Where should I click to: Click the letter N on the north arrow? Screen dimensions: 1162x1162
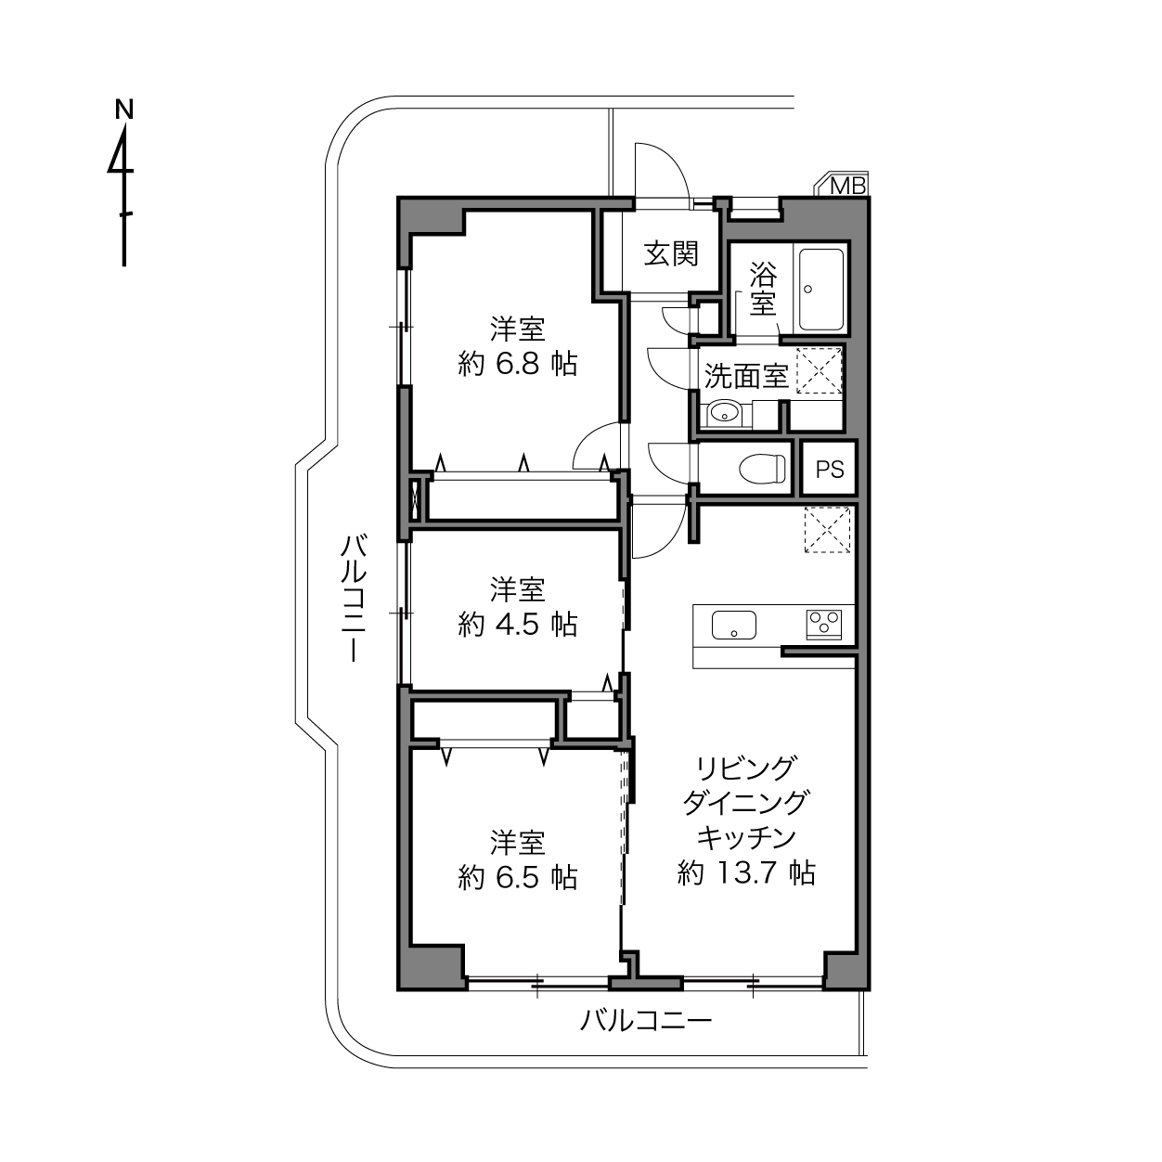[124, 110]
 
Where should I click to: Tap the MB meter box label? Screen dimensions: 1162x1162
[847, 185]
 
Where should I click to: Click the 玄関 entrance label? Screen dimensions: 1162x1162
[671, 253]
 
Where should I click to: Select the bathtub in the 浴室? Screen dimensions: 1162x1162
[821, 290]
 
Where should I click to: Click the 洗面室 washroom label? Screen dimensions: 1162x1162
[746, 376]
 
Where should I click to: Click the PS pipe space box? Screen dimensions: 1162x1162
[829, 469]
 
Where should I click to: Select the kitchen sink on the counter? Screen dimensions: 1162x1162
[734, 626]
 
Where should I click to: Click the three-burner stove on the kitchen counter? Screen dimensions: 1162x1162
[824, 625]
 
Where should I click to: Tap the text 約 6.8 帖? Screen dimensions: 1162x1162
[517, 364]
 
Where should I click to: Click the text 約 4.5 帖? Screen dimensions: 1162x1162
[517, 625]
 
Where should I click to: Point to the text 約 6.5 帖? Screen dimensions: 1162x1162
[517, 878]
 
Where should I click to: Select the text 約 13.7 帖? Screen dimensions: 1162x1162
[746, 872]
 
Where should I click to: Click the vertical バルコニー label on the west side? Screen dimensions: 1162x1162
[354, 599]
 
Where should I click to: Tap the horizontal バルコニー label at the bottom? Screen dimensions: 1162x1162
[646, 1021]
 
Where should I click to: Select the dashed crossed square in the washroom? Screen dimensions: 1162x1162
[819, 370]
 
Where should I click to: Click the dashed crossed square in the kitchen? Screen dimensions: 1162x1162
[827, 529]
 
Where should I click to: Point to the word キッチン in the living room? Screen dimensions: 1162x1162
[746, 837]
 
